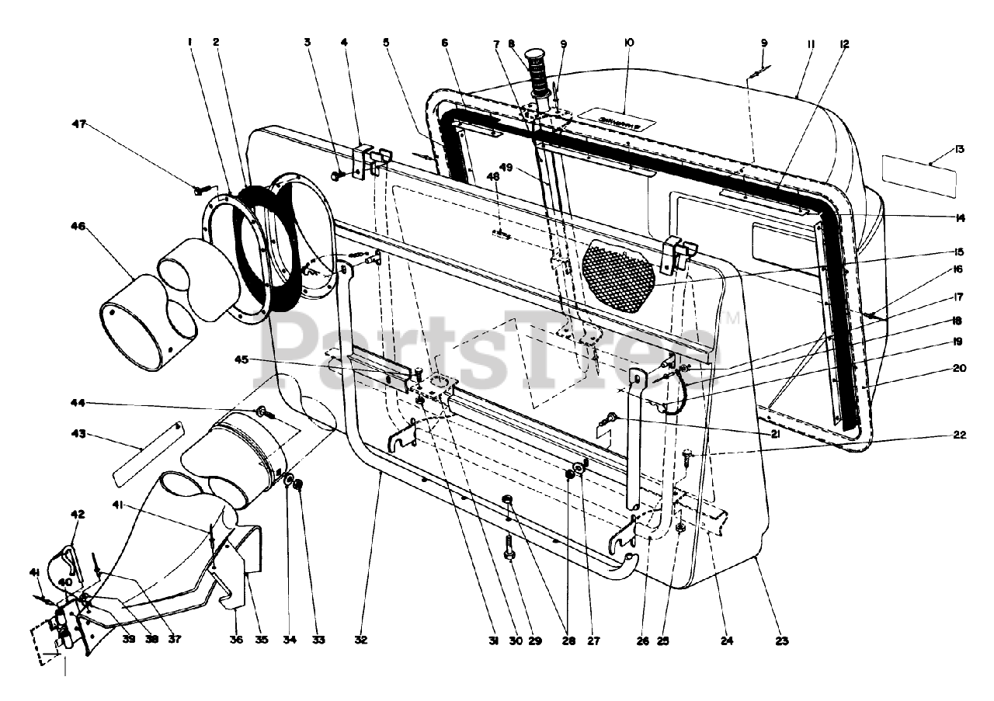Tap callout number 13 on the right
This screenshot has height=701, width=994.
pos(961,148)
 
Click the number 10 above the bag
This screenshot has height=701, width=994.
pos(628,43)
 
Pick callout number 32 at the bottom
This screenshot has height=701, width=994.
pos(360,640)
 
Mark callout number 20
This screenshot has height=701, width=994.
pos(961,369)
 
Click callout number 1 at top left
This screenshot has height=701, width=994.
pos(189,43)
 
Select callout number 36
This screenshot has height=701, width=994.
pos(236,640)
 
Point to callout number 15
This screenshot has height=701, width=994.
pos(961,252)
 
